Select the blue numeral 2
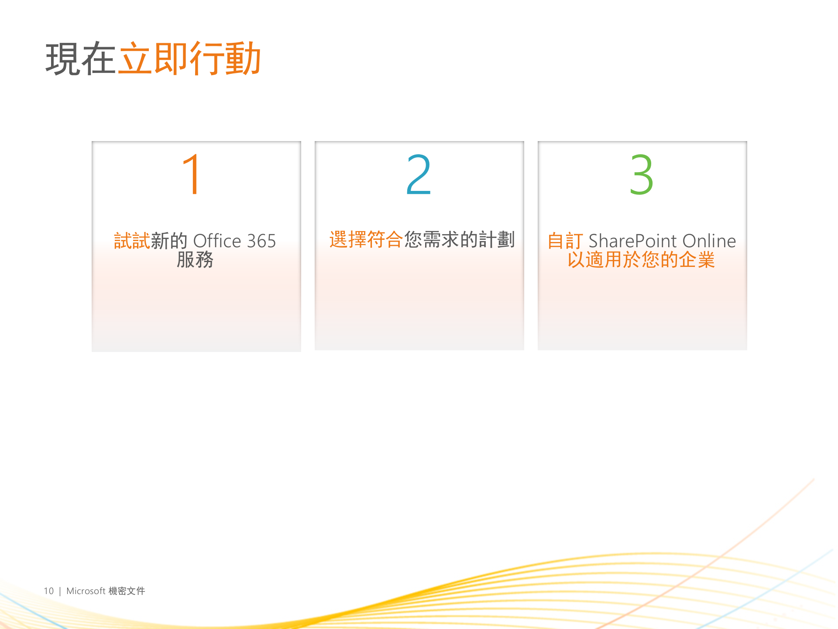tap(419, 175)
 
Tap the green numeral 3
tap(641, 175)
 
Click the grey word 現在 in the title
tap(81, 59)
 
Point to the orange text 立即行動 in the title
tap(190, 59)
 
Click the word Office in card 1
tap(217, 241)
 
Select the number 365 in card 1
tap(261, 241)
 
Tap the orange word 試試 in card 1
tap(132, 241)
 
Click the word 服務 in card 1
tap(195, 260)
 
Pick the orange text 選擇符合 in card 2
tap(366, 240)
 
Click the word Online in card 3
tap(709, 241)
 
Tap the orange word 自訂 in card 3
tap(565, 241)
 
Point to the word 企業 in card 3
tap(697, 260)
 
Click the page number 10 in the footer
tap(48, 591)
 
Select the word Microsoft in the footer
tap(86, 591)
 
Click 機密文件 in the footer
tap(127, 591)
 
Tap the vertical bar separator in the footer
tap(60, 591)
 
